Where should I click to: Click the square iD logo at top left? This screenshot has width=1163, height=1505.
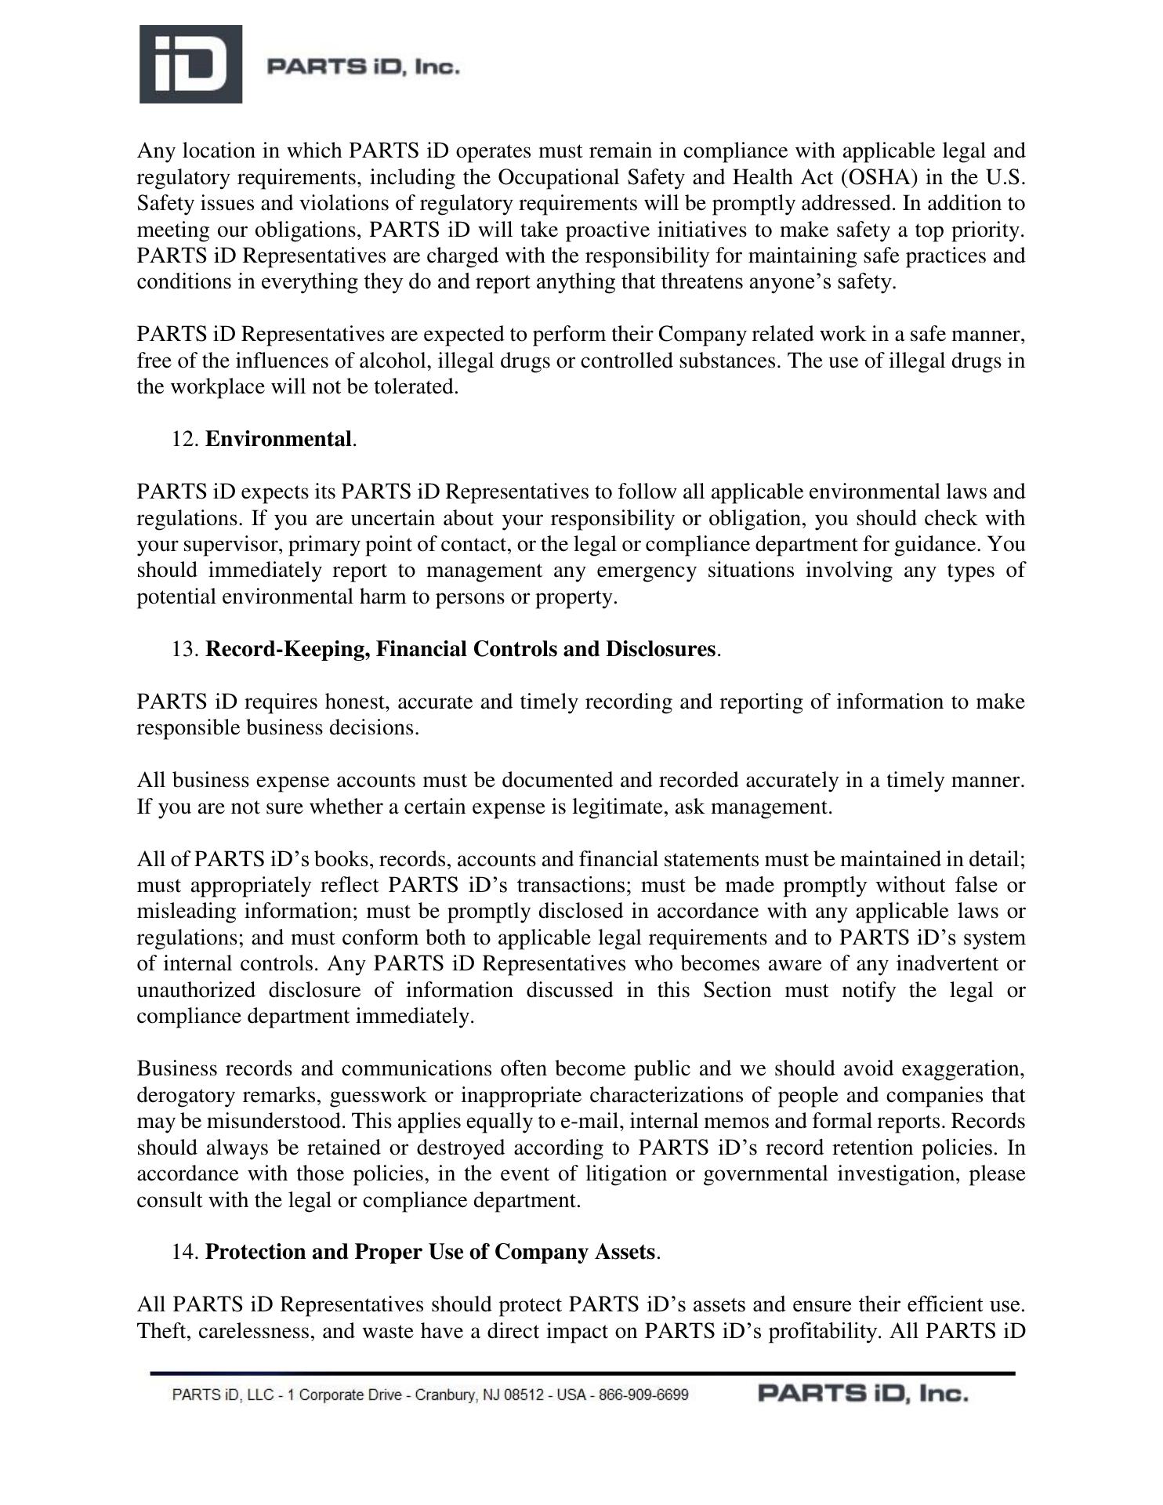[190, 64]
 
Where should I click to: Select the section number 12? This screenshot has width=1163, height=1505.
[185, 440]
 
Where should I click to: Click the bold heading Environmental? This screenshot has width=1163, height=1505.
[277, 440]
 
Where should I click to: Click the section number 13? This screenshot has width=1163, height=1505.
[185, 650]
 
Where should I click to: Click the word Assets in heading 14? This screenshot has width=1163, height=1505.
[624, 1253]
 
